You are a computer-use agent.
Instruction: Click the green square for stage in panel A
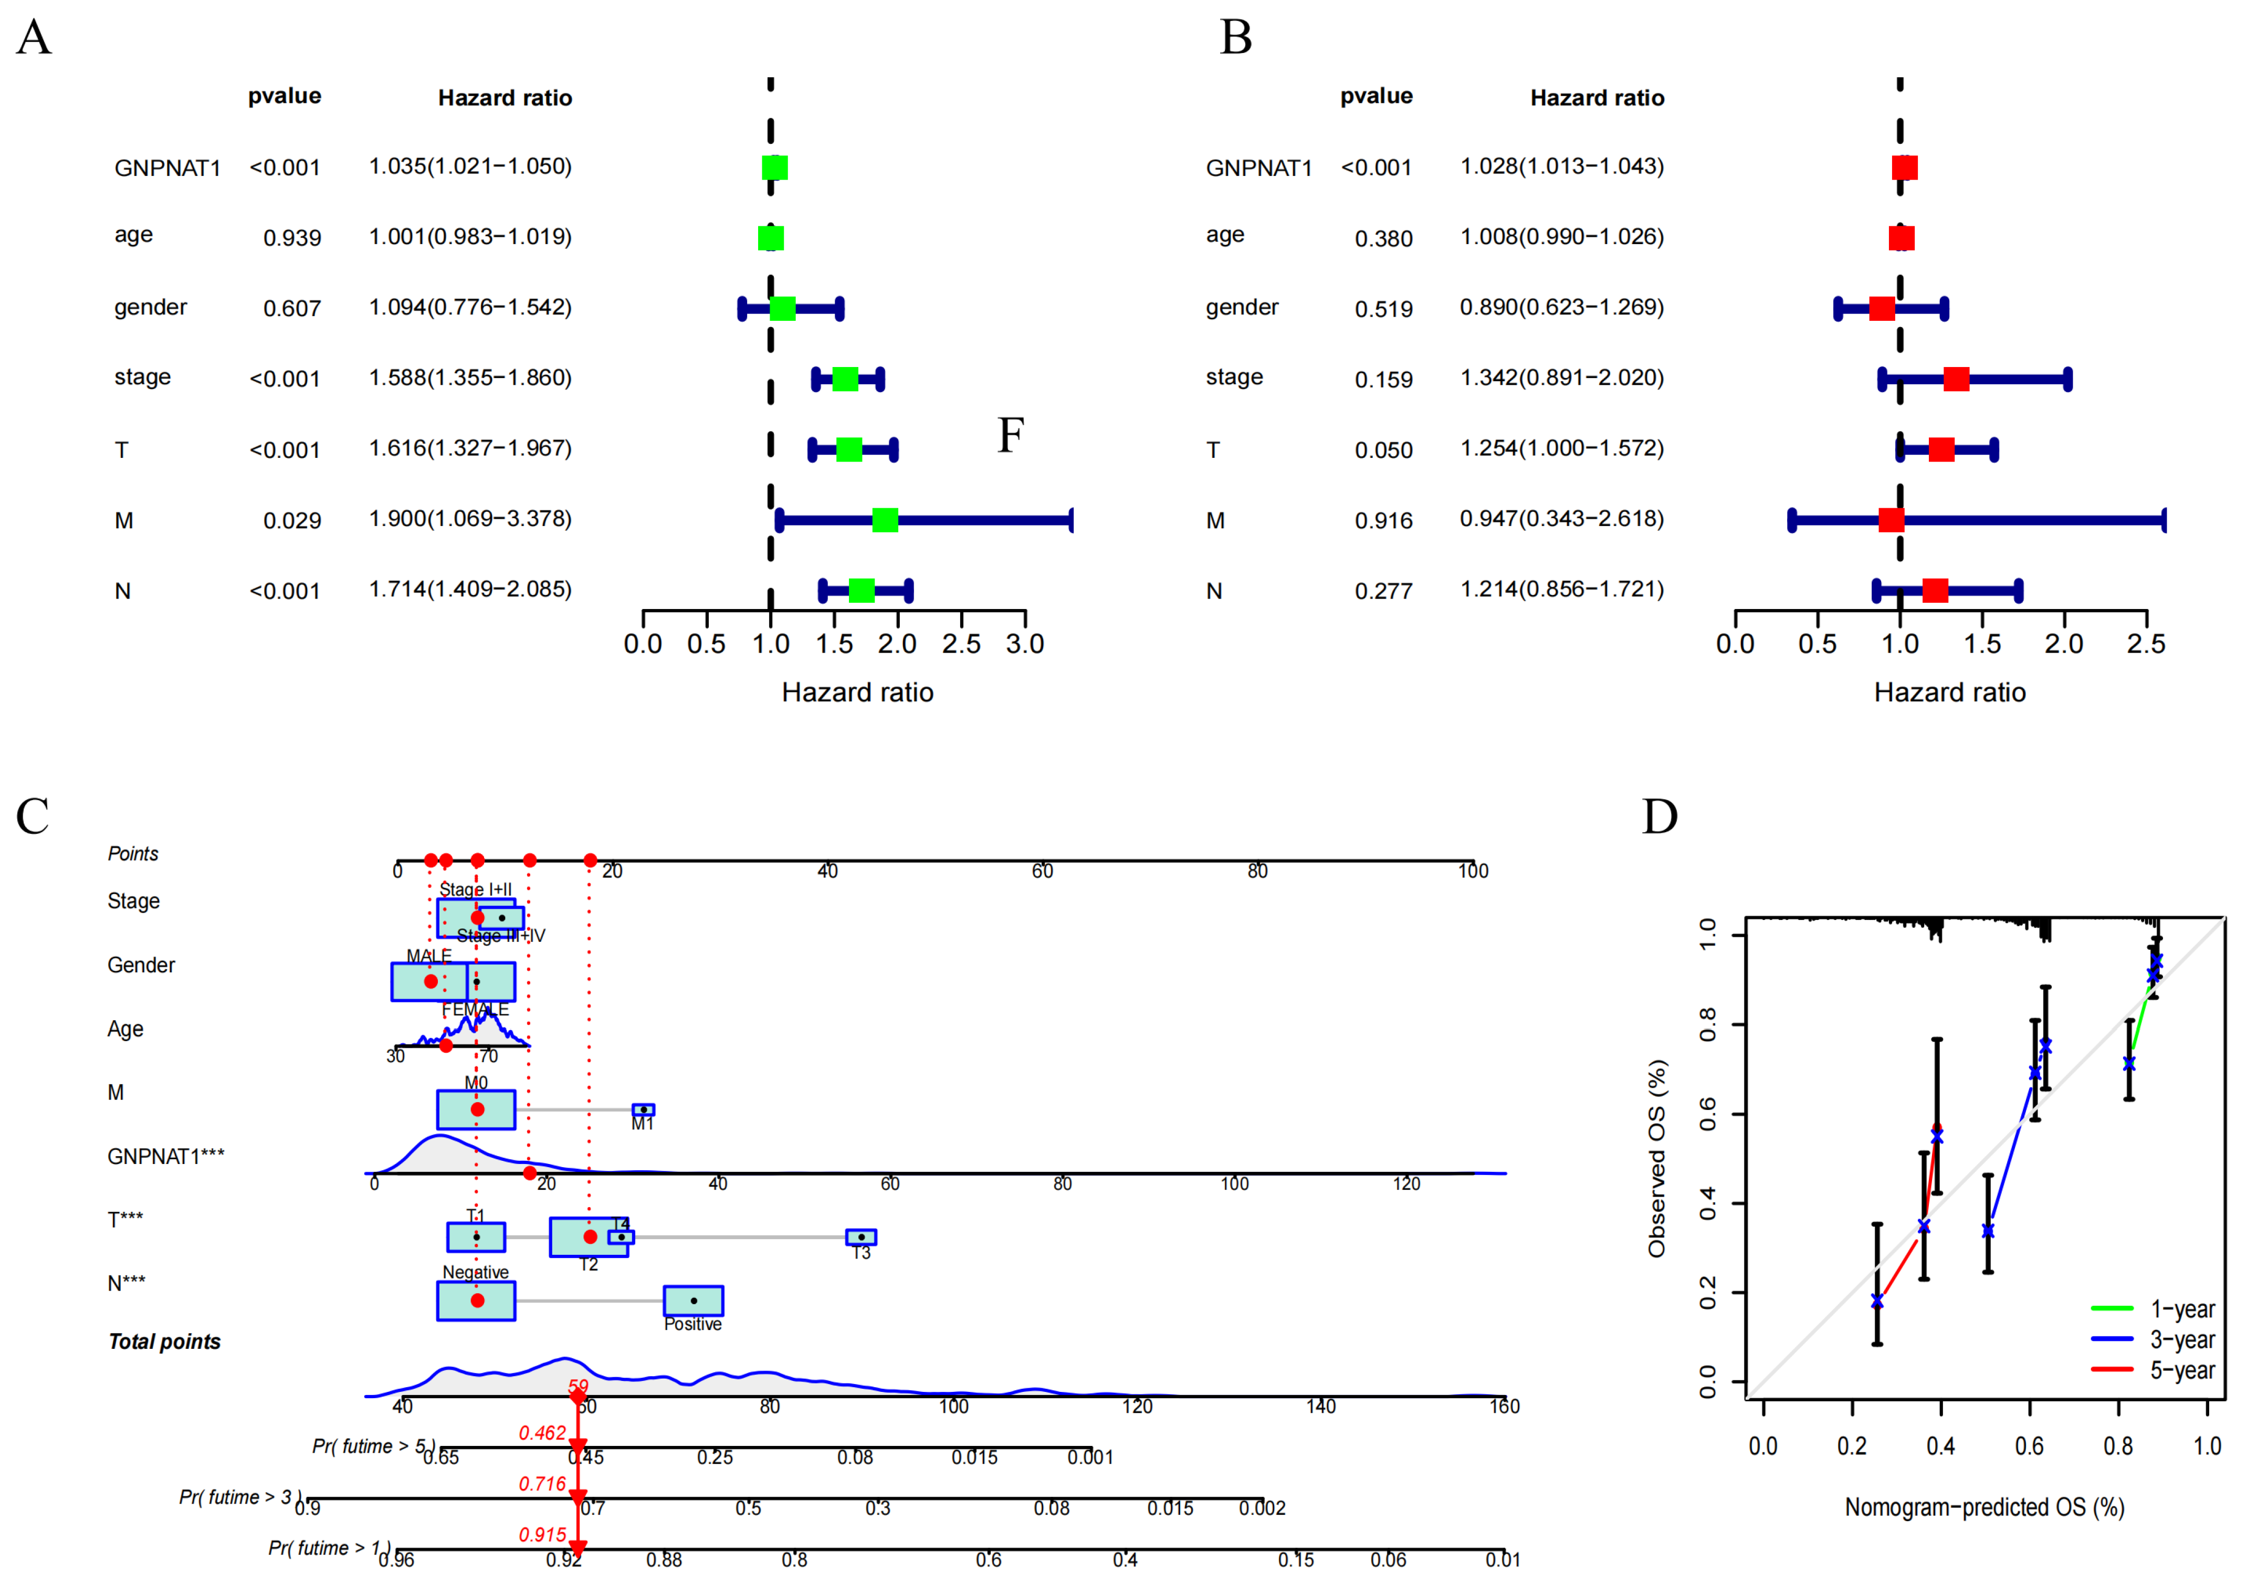coord(845,379)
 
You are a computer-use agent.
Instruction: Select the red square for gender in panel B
coord(1881,308)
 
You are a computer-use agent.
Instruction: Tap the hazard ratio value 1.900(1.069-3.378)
coord(470,519)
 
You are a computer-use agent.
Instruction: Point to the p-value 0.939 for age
coord(292,238)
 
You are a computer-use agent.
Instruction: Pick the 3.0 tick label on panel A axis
coord(1025,644)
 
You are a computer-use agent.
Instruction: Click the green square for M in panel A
coord(885,520)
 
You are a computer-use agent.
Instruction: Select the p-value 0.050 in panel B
coord(1383,450)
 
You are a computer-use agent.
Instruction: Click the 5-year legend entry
coord(2180,1370)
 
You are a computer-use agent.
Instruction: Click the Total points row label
coord(164,1342)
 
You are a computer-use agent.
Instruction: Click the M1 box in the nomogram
coord(643,1109)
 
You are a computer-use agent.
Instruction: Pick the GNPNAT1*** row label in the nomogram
coord(165,1156)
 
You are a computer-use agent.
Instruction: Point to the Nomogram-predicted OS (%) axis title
coord(1984,1507)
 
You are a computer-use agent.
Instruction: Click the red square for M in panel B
coord(1891,520)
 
